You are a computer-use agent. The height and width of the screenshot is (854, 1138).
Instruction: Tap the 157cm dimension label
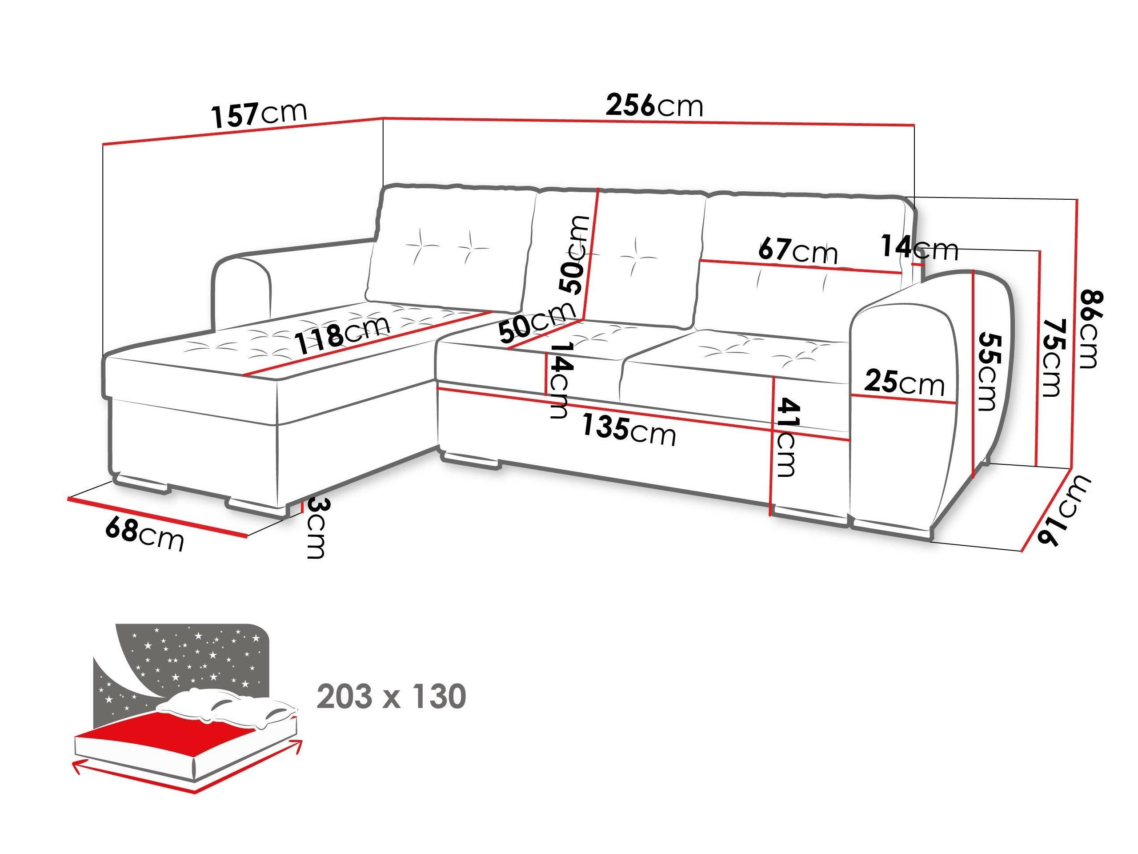pos(259,114)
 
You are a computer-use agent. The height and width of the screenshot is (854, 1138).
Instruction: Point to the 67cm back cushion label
pos(798,251)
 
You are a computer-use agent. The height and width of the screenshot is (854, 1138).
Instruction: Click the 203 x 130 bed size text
pos(391,697)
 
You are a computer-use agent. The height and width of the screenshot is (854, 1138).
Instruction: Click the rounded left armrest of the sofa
pos(242,294)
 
